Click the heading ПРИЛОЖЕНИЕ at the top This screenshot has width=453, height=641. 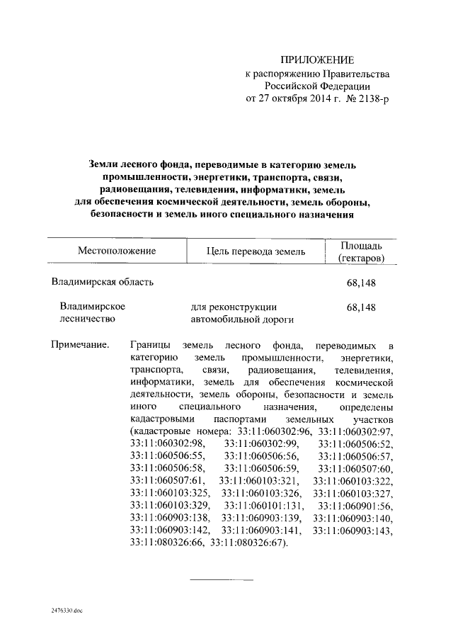(x=317, y=59)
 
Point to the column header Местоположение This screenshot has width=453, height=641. (x=117, y=251)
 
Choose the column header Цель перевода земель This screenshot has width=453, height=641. (x=256, y=251)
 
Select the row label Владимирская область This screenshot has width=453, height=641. (x=102, y=283)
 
